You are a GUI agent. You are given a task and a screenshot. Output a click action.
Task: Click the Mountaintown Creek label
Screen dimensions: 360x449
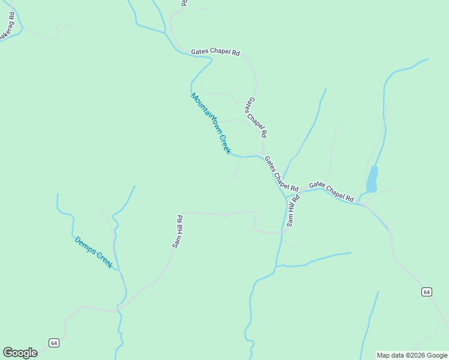click(x=211, y=123)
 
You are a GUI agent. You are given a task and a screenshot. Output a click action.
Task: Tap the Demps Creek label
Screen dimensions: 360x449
click(x=94, y=252)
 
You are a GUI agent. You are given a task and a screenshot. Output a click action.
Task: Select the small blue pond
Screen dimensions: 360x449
click(x=372, y=179)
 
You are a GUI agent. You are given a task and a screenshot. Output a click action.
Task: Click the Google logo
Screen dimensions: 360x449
click(x=20, y=353)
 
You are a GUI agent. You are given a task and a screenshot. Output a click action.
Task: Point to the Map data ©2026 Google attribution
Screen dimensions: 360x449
click(x=412, y=355)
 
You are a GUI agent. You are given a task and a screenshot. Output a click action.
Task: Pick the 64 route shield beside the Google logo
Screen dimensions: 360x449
click(x=55, y=343)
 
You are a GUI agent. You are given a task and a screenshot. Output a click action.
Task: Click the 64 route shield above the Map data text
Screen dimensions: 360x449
click(x=426, y=292)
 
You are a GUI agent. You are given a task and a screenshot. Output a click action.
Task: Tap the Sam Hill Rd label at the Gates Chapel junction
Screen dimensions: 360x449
click(x=292, y=211)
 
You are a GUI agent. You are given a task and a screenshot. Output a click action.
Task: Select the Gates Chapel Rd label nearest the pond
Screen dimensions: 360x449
click(x=331, y=191)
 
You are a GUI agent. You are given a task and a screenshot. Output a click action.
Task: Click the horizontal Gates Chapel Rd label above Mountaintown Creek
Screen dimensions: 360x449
click(x=215, y=52)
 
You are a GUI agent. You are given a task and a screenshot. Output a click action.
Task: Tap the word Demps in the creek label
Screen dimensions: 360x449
click(x=83, y=244)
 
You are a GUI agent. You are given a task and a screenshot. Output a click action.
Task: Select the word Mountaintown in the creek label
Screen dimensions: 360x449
click(x=204, y=112)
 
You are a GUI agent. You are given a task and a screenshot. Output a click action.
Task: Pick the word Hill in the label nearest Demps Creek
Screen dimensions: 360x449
click(x=177, y=230)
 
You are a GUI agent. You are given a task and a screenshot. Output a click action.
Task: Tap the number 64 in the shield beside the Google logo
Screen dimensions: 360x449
click(x=55, y=343)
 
